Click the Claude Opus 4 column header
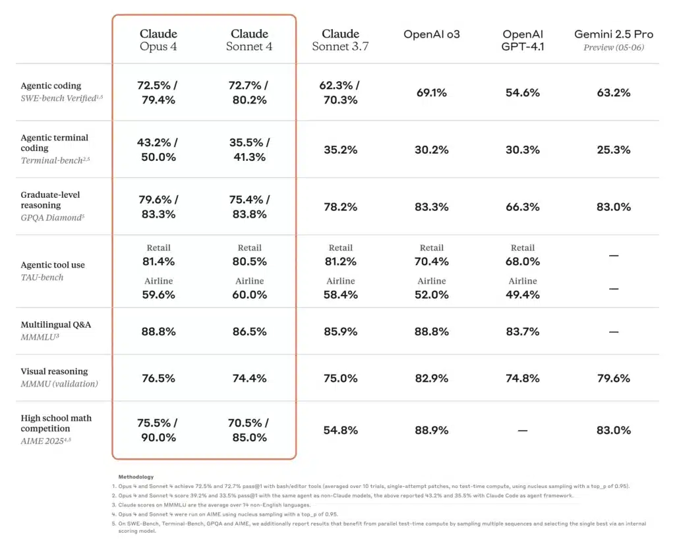tap(158, 40)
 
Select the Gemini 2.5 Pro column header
tap(613, 34)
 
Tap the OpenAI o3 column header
tap(431, 34)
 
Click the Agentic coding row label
tap(51, 86)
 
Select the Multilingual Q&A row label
tap(55, 324)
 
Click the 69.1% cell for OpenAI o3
tap(431, 93)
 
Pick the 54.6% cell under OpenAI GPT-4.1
tap(523, 93)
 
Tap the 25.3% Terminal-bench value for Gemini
tap(613, 150)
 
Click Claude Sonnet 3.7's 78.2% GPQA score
tap(340, 206)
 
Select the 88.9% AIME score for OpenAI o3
tap(431, 430)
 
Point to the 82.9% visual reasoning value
tap(431, 378)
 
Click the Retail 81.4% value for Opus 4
tap(158, 261)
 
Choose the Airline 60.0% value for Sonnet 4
tap(249, 295)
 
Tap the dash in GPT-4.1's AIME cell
tap(523, 430)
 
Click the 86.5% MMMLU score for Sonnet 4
tap(249, 332)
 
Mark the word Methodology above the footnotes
tap(136, 476)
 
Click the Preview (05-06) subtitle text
tap(613, 47)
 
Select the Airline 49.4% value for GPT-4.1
tap(523, 295)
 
